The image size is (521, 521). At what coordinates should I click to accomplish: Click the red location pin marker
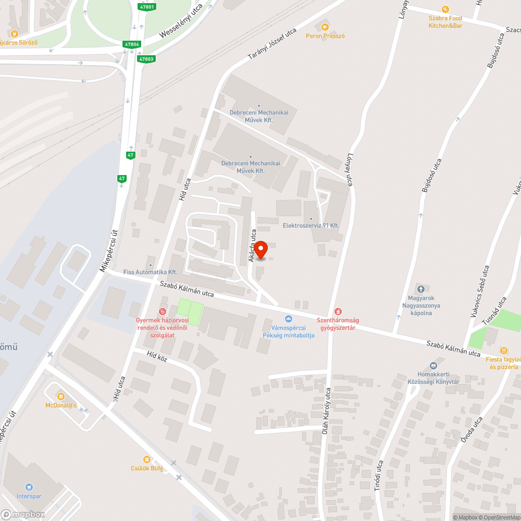coord(260,250)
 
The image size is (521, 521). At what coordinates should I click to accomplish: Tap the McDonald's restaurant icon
coord(60,396)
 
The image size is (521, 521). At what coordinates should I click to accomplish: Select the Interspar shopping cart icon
coord(29,487)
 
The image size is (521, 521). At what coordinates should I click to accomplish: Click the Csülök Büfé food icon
coord(146,459)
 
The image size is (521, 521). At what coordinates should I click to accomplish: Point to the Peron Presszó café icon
coord(325,27)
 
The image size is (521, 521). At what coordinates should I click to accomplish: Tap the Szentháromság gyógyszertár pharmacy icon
coord(338,311)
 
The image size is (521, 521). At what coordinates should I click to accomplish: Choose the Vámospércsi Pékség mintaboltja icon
coord(288,319)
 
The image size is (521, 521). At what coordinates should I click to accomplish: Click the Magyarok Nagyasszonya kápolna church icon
coord(421,289)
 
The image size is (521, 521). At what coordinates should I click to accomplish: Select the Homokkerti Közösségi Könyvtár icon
coord(433,366)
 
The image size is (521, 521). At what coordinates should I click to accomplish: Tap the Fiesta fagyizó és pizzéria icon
coord(503,350)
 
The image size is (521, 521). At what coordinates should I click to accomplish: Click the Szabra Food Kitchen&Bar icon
coord(445,9)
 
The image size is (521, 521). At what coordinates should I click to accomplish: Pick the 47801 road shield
coord(147,7)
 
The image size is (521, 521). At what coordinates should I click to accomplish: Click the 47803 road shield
coord(146,59)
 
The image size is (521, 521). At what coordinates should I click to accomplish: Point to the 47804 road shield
coord(132,44)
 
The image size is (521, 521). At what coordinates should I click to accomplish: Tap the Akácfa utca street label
coord(252,244)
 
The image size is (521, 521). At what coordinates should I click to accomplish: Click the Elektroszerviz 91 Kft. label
coord(311,225)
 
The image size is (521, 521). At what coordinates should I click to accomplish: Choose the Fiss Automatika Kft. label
coord(151,272)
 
